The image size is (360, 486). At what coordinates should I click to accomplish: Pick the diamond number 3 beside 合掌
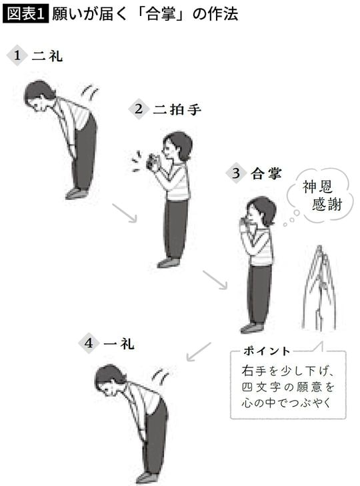pyautogui.click(x=235, y=174)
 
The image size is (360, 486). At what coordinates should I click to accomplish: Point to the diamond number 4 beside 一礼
pyautogui.click(x=89, y=343)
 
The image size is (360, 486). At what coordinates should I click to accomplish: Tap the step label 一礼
pyautogui.click(x=120, y=343)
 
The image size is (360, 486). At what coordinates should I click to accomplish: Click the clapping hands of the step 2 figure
pyautogui.click(x=151, y=162)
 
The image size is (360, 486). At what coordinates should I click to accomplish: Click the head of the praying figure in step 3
pyautogui.click(x=261, y=212)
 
